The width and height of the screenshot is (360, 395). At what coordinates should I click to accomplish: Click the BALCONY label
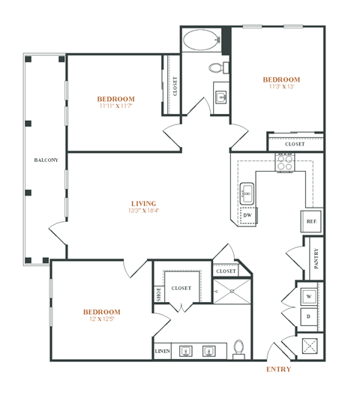point(41,160)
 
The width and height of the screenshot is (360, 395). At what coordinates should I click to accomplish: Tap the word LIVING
point(143,203)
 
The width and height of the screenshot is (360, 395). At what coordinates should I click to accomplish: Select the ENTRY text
point(278,370)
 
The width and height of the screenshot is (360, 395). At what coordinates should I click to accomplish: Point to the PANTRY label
point(316,258)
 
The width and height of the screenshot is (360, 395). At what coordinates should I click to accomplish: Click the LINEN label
point(163,351)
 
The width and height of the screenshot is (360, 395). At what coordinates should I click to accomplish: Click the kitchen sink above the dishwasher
point(248,194)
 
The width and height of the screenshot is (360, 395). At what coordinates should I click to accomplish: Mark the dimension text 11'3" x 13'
point(281,87)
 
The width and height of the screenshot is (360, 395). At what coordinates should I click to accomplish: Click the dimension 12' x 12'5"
point(101,320)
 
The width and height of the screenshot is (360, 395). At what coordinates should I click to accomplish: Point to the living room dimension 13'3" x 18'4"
point(143,211)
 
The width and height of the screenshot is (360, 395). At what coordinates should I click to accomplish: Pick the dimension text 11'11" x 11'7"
point(116,107)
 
